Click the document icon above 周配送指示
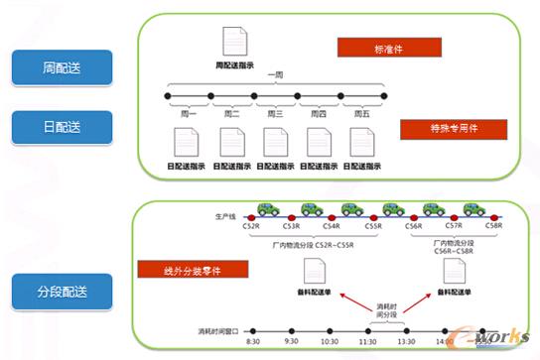[230, 41]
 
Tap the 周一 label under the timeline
[189, 113]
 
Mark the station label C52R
[251, 226]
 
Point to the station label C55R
[373, 226]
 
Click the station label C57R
[453, 226]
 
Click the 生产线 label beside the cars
[225, 214]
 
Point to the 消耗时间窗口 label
[212, 329]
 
